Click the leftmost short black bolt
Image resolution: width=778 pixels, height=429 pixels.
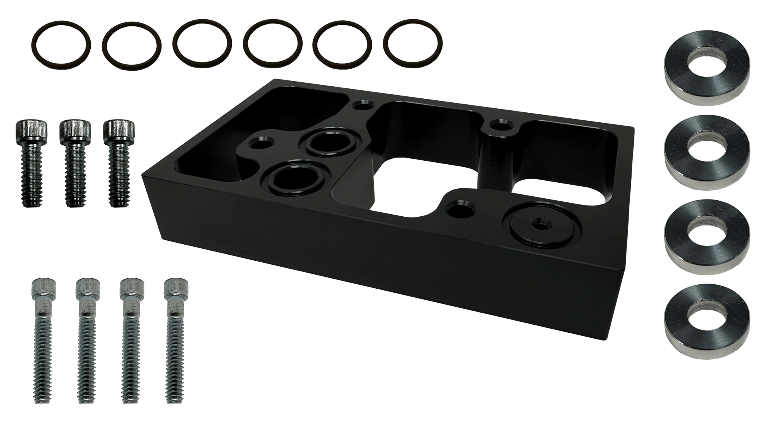pyautogui.click(x=32, y=160)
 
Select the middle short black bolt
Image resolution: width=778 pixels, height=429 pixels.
pyautogui.click(x=75, y=160)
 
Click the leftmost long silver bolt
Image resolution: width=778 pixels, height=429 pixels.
pyautogui.click(x=44, y=340)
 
